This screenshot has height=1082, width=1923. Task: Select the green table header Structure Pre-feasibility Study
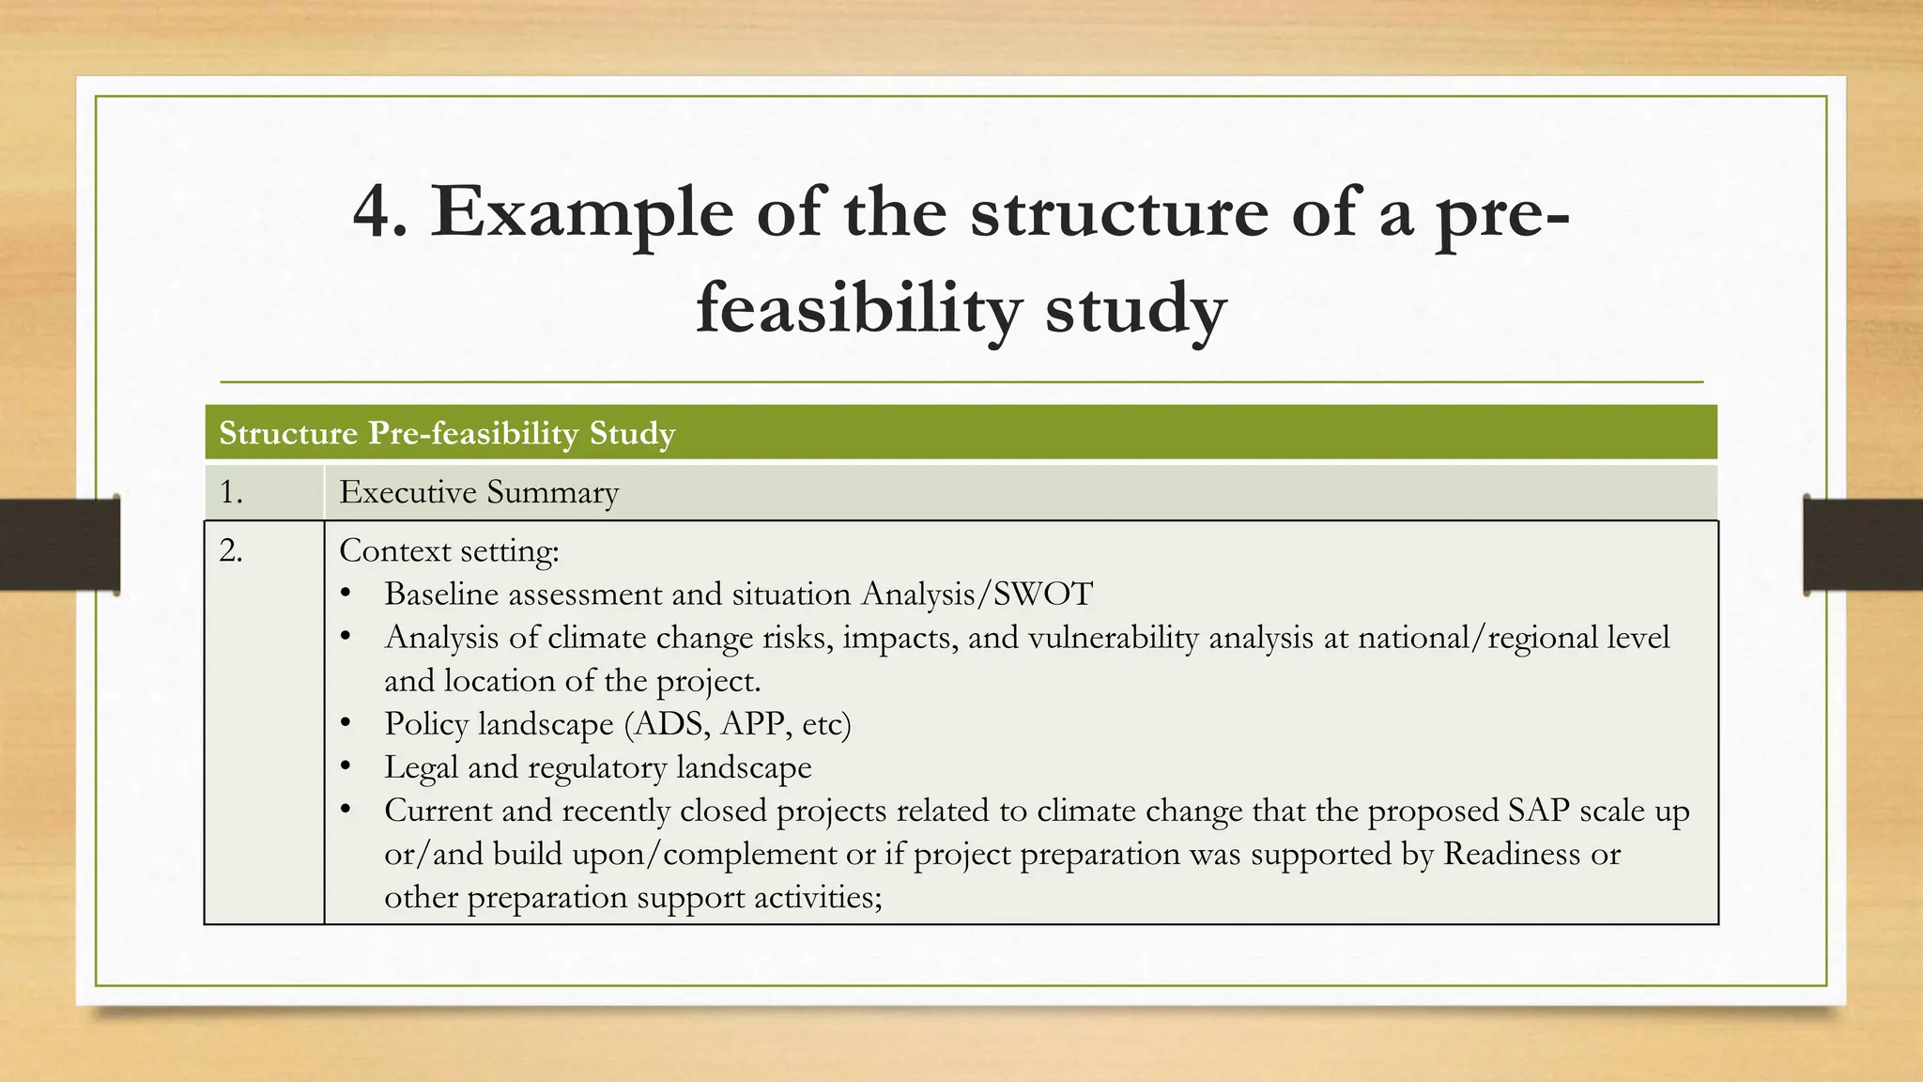447,433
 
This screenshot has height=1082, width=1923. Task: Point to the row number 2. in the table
232,550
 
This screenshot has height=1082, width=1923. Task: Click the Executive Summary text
479,492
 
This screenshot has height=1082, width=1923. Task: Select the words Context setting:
449,550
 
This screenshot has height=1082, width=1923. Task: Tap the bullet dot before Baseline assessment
346,594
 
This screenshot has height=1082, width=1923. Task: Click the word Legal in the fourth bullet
421,766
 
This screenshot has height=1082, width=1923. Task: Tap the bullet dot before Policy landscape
346,723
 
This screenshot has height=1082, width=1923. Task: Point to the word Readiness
1512,853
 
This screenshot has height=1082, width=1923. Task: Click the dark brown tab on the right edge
1863,545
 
